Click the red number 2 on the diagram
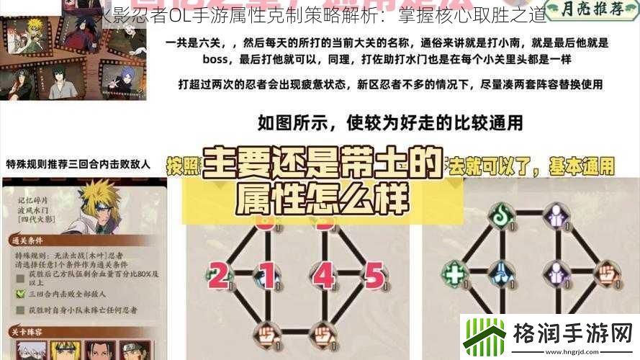point(218,274)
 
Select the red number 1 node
point(267,274)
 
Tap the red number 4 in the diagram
point(325,274)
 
